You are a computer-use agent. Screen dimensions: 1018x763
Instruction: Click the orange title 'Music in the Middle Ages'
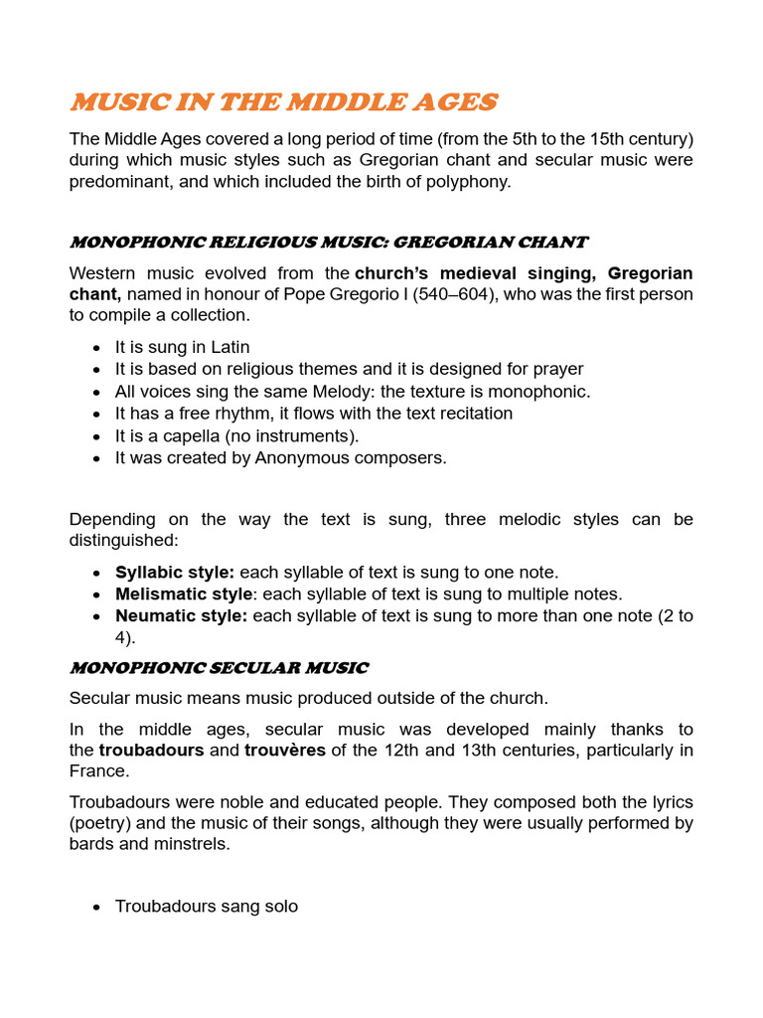pyautogui.click(x=283, y=102)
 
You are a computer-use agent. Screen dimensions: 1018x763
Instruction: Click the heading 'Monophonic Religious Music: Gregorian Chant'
pyautogui.click(x=328, y=242)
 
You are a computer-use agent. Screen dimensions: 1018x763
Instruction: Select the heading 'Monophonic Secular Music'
pyautogui.click(x=219, y=667)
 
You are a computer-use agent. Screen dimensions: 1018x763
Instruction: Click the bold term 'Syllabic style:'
pyautogui.click(x=175, y=573)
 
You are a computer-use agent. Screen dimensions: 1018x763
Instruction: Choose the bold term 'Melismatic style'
pyautogui.click(x=184, y=594)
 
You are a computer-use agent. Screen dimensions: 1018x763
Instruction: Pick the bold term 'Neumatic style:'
pyautogui.click(x=182, y=615)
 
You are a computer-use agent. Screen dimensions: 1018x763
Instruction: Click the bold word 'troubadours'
pyautogui.click(x=151, y=750)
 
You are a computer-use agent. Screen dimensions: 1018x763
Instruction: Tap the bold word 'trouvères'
pyautogui.click(x=285, y=750)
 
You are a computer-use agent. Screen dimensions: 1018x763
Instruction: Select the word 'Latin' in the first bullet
pyautogui.click(x=229, y=347)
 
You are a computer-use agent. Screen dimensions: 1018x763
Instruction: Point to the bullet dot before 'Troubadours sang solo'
pyautogui.click(x=95, y=907)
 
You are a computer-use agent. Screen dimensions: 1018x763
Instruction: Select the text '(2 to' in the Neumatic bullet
pyautogui.click(x=675, y=615)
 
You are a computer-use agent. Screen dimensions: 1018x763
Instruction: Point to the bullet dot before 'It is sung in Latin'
pyautogui.click(x=95, y=348)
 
